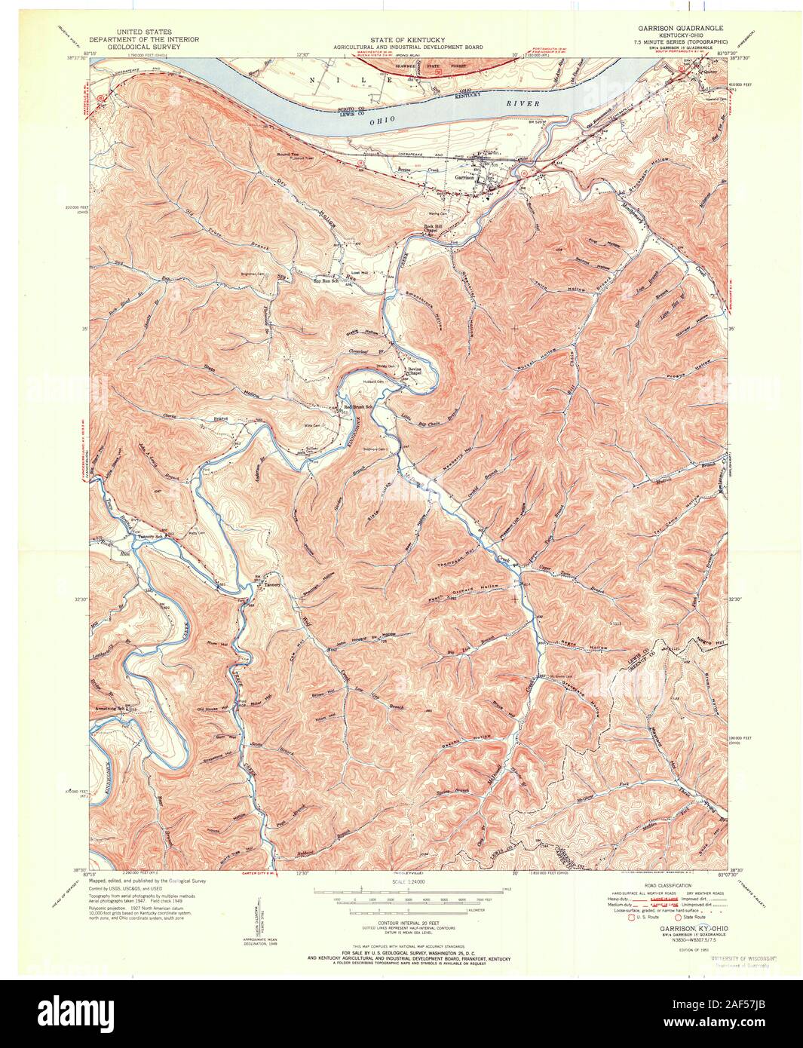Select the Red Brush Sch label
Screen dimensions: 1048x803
(360, 407)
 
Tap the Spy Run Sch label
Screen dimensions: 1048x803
(327, 283)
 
